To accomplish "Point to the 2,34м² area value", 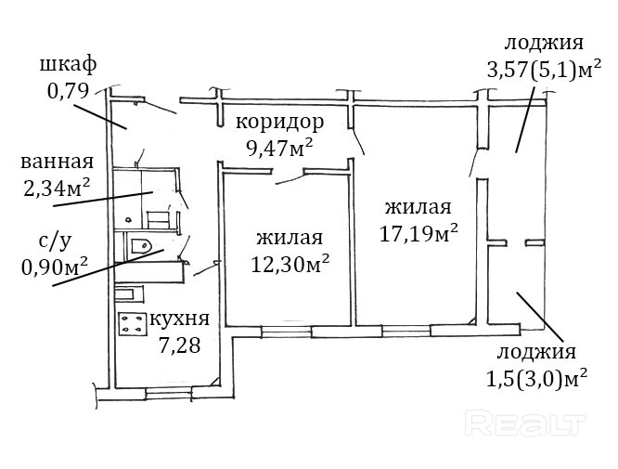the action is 56,188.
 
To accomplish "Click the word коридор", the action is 279,122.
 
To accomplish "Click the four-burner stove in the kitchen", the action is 131,325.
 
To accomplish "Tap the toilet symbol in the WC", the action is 139,247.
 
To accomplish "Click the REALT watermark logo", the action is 525,425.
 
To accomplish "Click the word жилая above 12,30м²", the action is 289,237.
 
